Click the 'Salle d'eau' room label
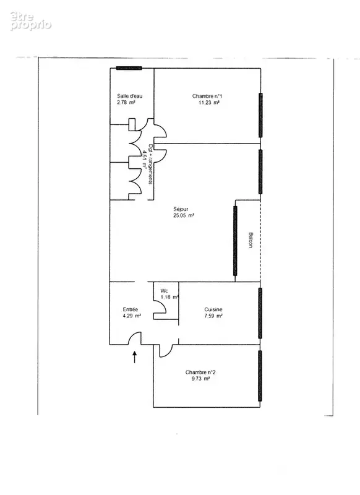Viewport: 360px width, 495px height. pos(130,96)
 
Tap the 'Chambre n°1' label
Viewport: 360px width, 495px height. pos(207,96)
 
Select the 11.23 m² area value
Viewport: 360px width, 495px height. pos(209,102)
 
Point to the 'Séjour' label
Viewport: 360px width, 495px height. pos(181,209)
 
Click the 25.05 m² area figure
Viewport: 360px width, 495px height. pos(184,215)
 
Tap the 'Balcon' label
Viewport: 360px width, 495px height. pos(251,240)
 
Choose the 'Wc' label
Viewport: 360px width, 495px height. pos(164,291)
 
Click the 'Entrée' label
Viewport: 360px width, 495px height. pos(131,309)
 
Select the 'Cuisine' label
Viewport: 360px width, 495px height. pos(213,309)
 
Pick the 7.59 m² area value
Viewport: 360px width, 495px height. pos(213,316)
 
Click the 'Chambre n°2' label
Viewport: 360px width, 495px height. pos(200,372)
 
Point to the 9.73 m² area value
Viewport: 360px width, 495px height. pos(200,379)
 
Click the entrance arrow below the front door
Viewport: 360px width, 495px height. pos(134,357)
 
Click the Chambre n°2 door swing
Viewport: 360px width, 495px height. pos(168,353)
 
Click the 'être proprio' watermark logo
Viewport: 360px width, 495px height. pos(30,21)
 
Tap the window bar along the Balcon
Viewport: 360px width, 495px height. pos(235,241)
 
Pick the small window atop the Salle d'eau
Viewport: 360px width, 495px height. pos(129,68)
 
